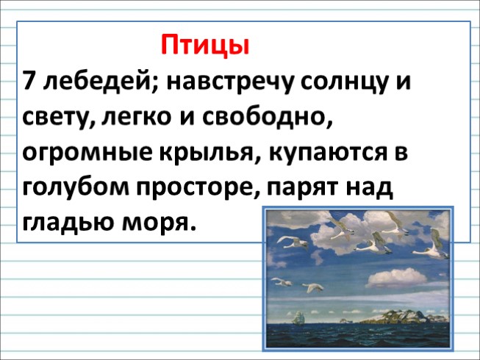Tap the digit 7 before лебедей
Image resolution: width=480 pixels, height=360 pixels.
tap(30, 81)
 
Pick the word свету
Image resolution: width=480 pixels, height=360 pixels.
tap(57, 118)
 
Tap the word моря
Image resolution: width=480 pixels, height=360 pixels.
tap(163, 223)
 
